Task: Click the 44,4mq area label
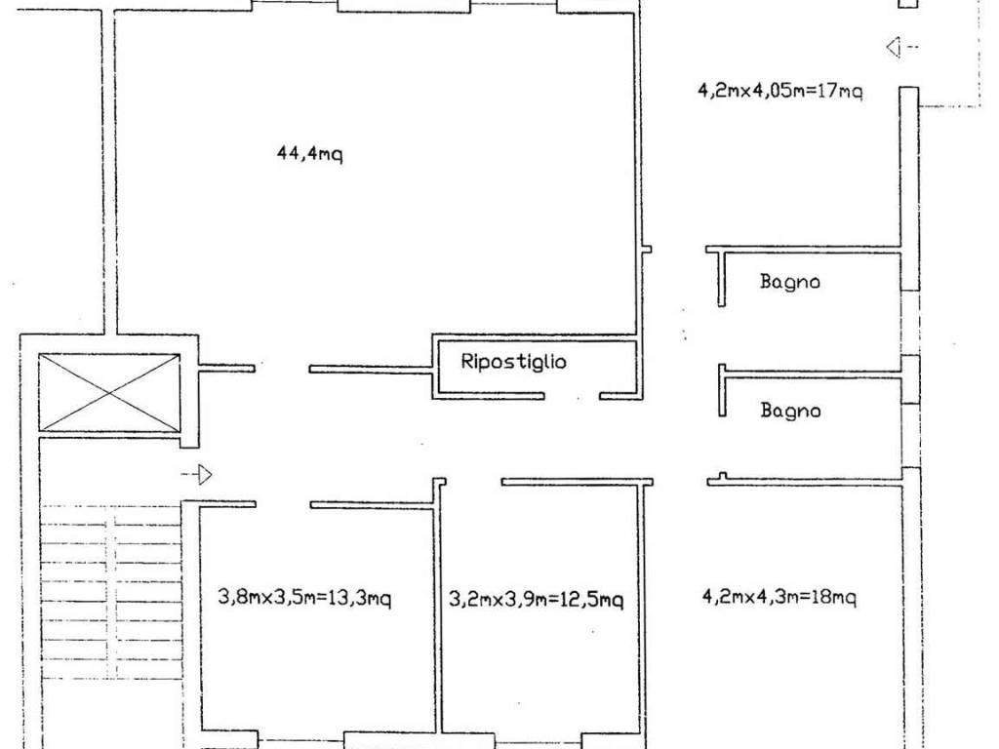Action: point(309,153)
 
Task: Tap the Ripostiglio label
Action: point(513,362)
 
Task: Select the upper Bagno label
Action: point(790,282)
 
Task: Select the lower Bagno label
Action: point(790,411)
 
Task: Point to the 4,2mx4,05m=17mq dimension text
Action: point(780,91)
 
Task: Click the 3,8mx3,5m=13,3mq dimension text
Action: point(304,598)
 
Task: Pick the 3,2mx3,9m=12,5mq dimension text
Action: point(537,599)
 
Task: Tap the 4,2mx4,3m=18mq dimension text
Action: point(779,597)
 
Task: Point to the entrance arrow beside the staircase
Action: point(197,475)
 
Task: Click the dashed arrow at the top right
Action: point(902,47)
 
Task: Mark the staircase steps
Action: point(111,591)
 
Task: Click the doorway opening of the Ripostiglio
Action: point(572,396)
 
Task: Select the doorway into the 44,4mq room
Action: point(282,369)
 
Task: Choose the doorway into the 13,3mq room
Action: point(283,504)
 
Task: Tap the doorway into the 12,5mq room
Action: point(473,482)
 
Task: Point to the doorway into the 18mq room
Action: point(680,482)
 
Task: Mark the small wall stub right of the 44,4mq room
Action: point(646,249)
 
